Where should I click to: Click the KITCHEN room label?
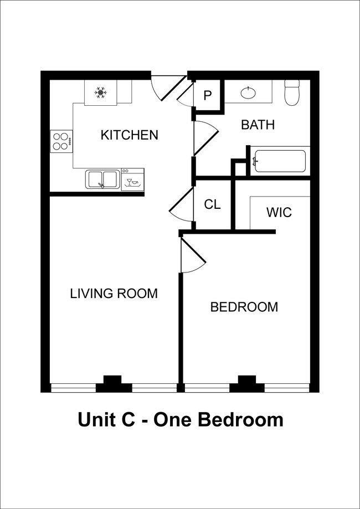129,135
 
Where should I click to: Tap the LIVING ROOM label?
114,293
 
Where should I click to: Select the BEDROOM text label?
244,307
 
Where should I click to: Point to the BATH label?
258,125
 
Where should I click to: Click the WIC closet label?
279,213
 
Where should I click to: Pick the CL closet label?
212,204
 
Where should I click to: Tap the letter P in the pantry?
208,95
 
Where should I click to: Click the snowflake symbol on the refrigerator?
100,92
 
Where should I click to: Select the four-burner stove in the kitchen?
61,141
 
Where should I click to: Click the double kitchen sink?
102,179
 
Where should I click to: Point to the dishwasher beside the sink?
133,179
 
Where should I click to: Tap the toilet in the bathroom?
291,94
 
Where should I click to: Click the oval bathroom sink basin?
248,93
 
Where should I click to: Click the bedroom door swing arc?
193,255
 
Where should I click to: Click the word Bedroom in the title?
240,419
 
